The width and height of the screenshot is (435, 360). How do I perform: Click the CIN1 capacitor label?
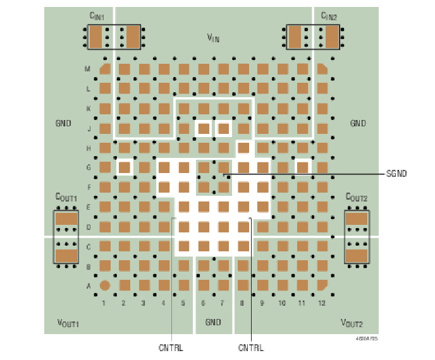pyautogui.click(x=97, y=16)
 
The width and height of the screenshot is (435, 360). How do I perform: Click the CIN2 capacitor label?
pyautogui.click(x=329, y=16)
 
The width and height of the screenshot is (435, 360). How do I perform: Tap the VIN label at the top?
pyautogui.click(x=214, y=38)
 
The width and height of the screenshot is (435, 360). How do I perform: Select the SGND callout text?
pyautogui.click(x=396, y=174)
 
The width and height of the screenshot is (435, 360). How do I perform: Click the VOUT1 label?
pyautogui.click(x=68, y=323)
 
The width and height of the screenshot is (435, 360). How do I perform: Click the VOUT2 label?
pyautogui.click(x=352, y=323)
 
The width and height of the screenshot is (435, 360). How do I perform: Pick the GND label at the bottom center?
pyautogui.click(x=213, y=323)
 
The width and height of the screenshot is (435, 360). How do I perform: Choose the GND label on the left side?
pyautogui.click(x=63, y=124)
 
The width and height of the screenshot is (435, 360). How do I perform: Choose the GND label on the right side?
pyautogui.click(x=358, y=124)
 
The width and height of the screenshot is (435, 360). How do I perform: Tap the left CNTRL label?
pyautogui.click(x=171, y=347)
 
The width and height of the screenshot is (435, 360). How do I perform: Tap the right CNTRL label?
pyautogui.click(x=251, y=347)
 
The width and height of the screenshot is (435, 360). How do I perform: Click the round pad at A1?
pyautogui.click(x=106, y=285)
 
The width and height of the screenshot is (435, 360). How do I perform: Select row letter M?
pyautogui.click(x=88, y=69)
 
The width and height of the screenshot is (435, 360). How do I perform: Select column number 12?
pyautogui.click(x=322, y=303)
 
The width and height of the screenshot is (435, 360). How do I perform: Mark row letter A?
pyautogui.click(x=88, y=285)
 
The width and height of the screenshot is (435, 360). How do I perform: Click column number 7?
pyautogui.click(x=222, y=303)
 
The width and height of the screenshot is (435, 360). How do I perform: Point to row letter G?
pyautogui.click(x=88, y=167)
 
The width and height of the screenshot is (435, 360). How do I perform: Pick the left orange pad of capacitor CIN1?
pyautogui.click(x=95, y=37)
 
